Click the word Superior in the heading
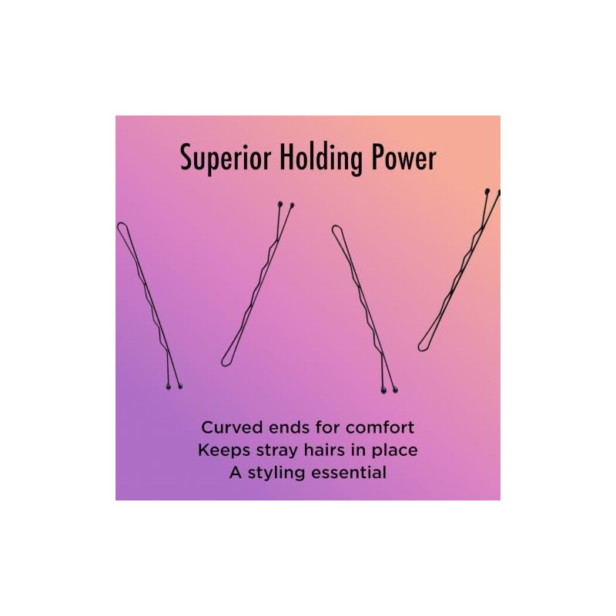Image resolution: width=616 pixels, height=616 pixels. click(226, 158)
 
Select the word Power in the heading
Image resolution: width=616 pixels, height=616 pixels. click(403, 157)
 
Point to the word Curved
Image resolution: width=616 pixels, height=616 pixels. click(233, 427)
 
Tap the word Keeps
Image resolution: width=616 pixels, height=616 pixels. click(224, 450)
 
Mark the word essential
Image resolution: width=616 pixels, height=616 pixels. click(349, 472)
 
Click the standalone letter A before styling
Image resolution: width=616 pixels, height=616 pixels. click(236, 472)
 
